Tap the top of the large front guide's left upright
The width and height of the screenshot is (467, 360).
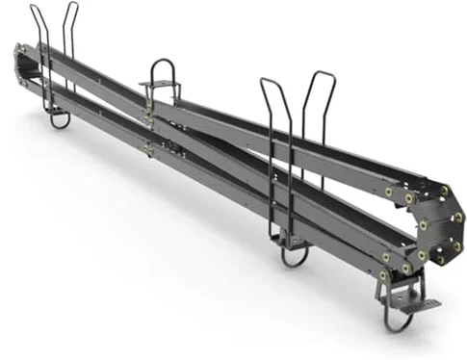268,81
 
